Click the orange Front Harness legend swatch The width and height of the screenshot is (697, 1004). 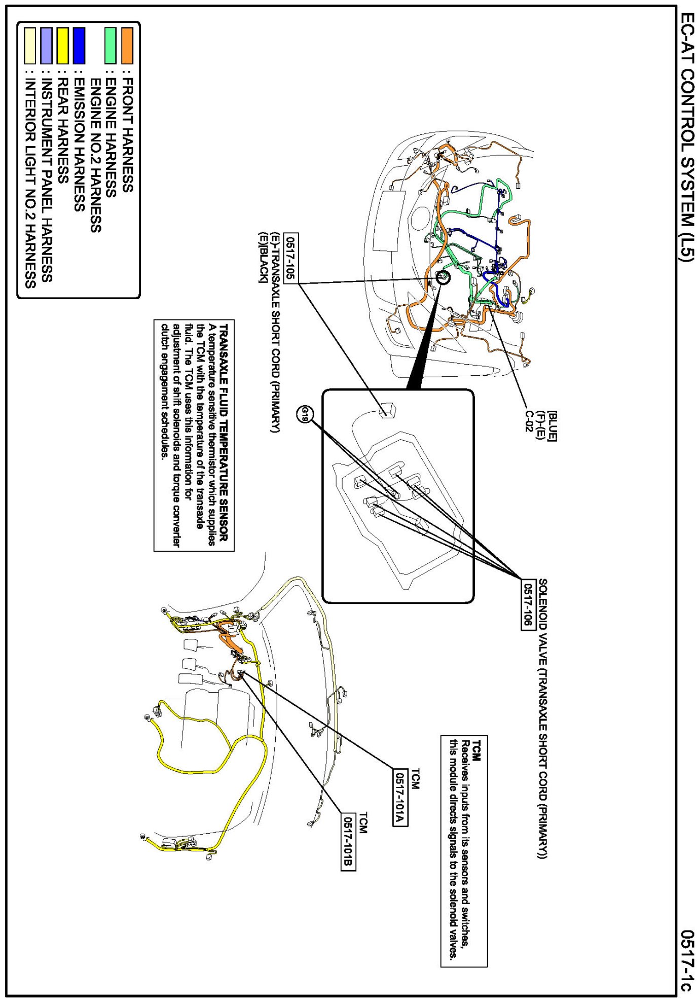click(x=127, y=46)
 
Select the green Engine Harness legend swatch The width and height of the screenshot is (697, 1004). click(x=111, y=46)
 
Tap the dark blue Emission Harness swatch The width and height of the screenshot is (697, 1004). click(x=79, y=46)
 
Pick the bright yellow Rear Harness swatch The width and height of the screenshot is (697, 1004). click(x=63, y=46)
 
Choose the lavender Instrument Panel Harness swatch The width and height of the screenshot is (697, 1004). click(x=47, y=46)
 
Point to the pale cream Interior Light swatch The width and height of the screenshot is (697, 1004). click(x=30, y=46)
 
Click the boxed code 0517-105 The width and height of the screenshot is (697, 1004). click(x=291, y=259)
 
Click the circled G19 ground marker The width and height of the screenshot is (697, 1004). click(x=305, y=414)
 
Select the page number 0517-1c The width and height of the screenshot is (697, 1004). click(x=686, y=960)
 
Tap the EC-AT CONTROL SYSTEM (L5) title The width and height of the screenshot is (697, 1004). click(x=686, y=137)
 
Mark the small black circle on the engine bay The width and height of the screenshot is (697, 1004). click(x=443, y=277)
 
